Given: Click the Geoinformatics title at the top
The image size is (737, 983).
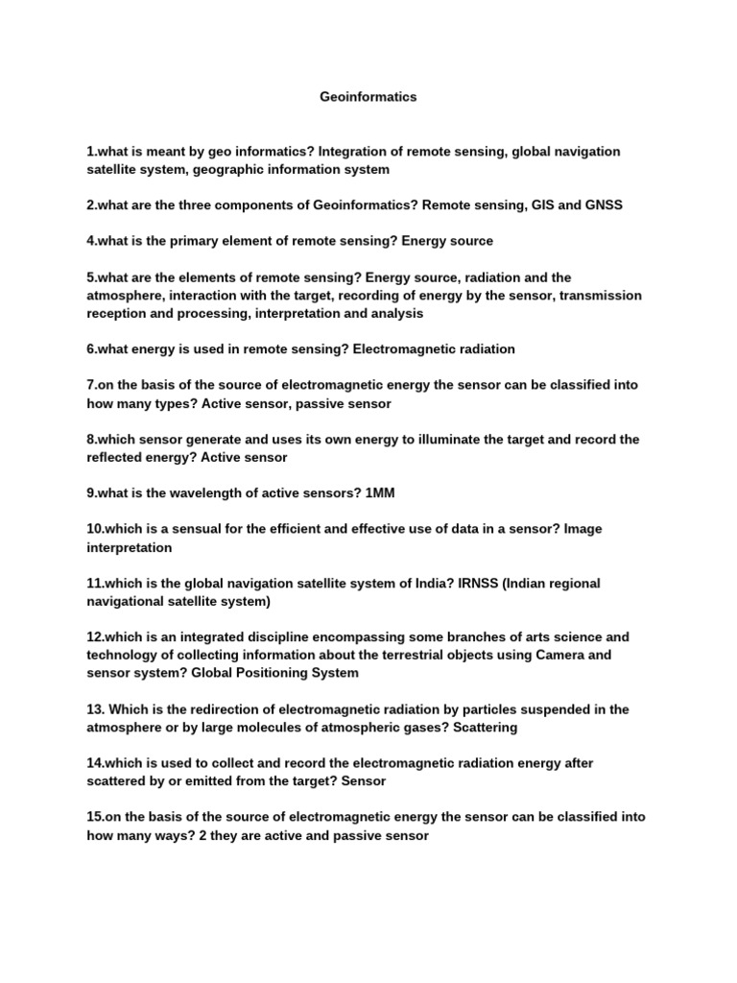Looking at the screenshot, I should pyautogui.click(x=368, y=97).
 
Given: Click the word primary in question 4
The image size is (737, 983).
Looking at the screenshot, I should pyautogui.click(x=193, y=241).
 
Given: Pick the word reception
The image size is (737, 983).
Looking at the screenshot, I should pyautogui.click(x=122, y=313).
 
